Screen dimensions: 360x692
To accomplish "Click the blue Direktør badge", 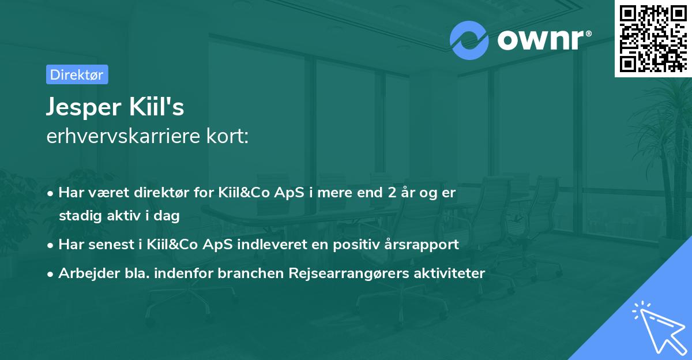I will coord(77,74).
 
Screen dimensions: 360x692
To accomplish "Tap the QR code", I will coord(653,38).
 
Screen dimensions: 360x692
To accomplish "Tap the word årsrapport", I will coord(426,244).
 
